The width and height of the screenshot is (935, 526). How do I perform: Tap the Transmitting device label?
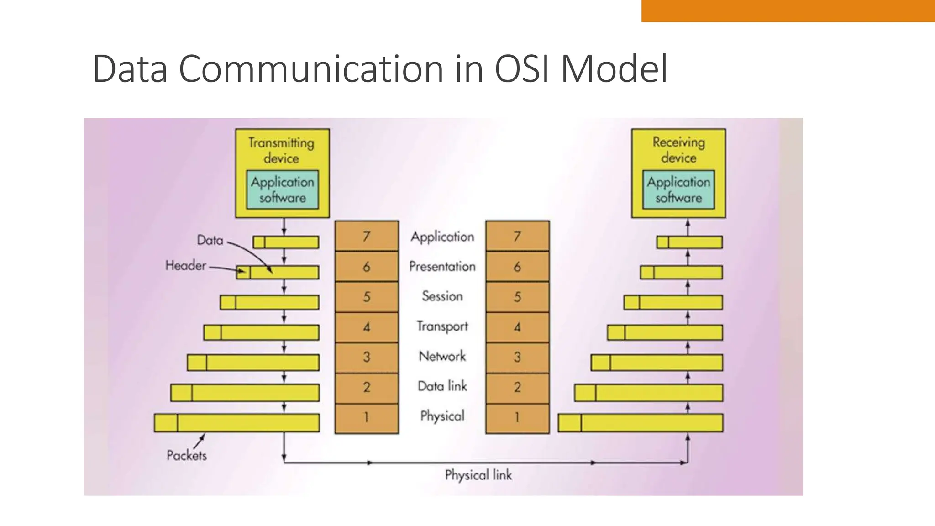click(281, 150)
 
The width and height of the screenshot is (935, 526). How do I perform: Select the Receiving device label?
click(678, 150)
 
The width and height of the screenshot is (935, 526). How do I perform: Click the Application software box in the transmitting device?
click(283, 190)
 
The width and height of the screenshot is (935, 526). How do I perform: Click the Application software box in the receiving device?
click(678, 190)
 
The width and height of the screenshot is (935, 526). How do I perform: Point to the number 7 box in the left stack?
click(367, 236)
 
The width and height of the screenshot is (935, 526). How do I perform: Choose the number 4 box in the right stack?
click(517, 327)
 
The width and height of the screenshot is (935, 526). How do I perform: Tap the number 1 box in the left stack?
click(367, 417)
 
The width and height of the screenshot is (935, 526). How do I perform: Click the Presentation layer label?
click(442, 266)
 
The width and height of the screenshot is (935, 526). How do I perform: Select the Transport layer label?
click(442, 326)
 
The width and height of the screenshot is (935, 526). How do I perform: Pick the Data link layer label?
click(442, 386)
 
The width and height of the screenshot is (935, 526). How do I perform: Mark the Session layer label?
click(442, 296)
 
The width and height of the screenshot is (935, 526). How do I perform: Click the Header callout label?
click(185, 265)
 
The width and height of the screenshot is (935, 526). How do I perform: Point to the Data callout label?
click(210, 240)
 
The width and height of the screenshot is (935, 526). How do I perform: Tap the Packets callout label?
click(186, 455)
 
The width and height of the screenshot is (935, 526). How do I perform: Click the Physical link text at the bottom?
click(478, 475)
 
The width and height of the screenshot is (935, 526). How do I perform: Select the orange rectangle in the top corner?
click(788, 11)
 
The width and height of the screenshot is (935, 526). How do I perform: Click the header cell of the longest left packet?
click(166, 423)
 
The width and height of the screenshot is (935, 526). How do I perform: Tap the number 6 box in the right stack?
click(517, 267)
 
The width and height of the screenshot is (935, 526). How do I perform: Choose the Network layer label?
click(442, 356)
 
